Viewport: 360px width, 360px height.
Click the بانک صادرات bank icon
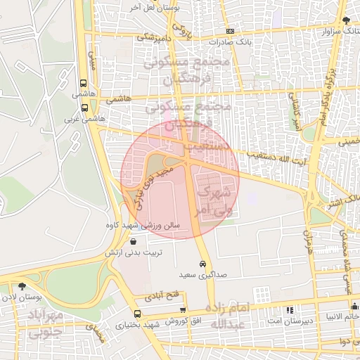coord(231,32)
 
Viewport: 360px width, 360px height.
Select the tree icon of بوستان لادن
coord(22,286)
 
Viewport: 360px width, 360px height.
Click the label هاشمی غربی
coord(84,119)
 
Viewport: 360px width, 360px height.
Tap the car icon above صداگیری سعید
coord(202,264)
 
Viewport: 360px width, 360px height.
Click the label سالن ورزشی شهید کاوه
coord(150,226)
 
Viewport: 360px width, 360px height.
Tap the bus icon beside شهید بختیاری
coord(136,314)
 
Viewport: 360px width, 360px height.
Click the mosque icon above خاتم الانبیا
coord(354,307)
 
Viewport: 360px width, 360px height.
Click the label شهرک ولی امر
coord(212,200)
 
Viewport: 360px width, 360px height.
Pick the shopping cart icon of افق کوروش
coord(184,309)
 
